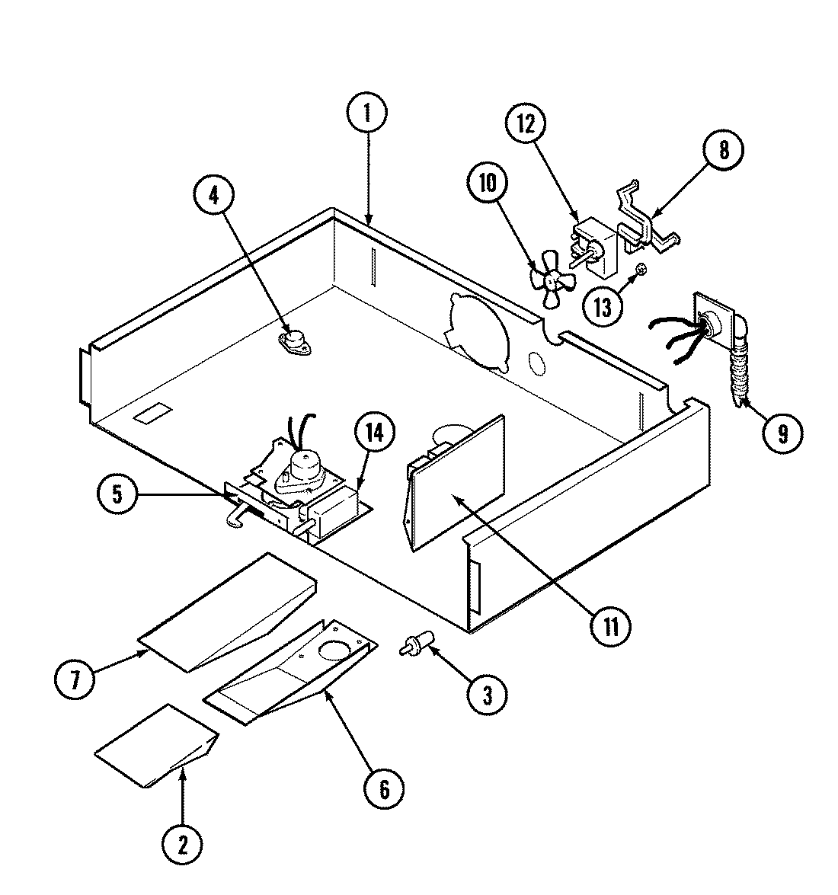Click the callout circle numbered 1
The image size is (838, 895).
[366, 113]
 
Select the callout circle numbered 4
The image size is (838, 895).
[214, 196]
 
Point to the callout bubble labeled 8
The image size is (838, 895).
[723, 151]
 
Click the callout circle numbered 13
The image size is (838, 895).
[603, 308]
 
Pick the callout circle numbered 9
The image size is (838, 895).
[779, 433]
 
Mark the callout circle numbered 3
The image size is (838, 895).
[487, 693]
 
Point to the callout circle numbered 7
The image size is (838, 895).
[75, 678]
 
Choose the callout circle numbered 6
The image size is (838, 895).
[383, 789]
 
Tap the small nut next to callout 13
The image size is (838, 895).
[641, 270]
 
